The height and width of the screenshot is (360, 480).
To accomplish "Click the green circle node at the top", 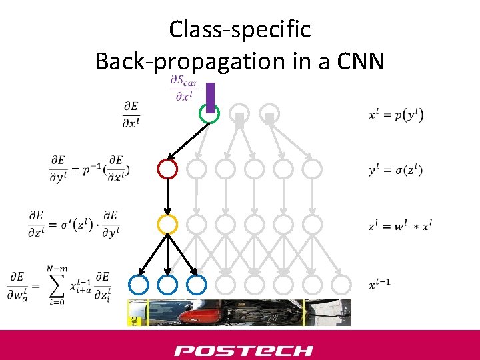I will (210, 114).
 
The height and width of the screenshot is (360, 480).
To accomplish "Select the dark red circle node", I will (167, 169).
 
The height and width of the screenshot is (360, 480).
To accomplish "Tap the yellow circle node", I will (167, 225).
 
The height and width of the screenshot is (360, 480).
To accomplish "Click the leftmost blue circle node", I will (139, 285).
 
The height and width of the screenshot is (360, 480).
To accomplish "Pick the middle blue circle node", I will (167, 285).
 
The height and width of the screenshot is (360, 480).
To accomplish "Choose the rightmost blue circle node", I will (196, 285).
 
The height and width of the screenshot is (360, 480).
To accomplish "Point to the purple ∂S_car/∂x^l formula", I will (184, 88).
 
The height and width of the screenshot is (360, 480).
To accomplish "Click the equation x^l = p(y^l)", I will (395, 115).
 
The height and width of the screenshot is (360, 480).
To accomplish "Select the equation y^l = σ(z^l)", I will (395, 170).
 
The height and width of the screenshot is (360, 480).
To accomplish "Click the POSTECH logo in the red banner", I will (243, 350).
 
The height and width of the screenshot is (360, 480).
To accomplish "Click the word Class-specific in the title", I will (240, 29).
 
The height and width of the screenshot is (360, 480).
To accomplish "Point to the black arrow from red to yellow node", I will (167, 197).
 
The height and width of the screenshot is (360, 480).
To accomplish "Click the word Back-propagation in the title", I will (181, 61).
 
